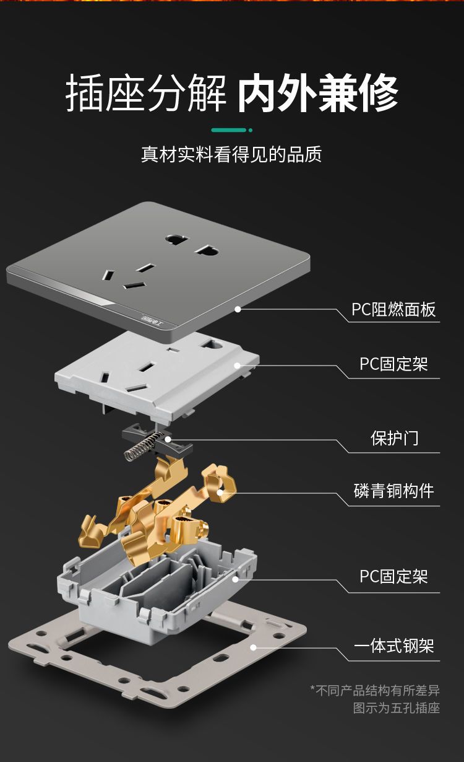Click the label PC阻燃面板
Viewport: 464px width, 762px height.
coord(393,309)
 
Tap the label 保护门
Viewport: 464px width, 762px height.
coord(394,438)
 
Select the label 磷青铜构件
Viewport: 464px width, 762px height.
coord(393,491)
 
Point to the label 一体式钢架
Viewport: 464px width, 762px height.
coord(393,646)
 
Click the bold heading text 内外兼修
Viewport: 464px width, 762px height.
coord(317,92)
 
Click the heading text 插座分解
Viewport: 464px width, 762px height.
coord(146,92)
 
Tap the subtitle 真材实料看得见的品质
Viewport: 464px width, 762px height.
coord(231,154)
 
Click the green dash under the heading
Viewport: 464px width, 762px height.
coord(228,130)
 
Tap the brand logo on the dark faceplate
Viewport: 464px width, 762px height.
coord(152,320)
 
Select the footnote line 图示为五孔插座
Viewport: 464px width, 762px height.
coord(397,708)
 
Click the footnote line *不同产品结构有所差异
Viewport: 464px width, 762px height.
coord(375,690)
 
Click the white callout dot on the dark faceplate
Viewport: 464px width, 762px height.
coord(238,309)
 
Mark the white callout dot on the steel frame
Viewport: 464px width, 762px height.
coord(254,647)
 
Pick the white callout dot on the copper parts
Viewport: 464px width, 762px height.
coord(220,493)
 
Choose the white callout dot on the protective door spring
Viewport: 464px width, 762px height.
coord(168,439)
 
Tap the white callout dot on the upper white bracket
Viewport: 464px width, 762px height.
coord(238,366)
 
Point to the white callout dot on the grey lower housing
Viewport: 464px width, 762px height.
coord(235,579)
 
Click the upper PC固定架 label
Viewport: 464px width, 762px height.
coord(393,364)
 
